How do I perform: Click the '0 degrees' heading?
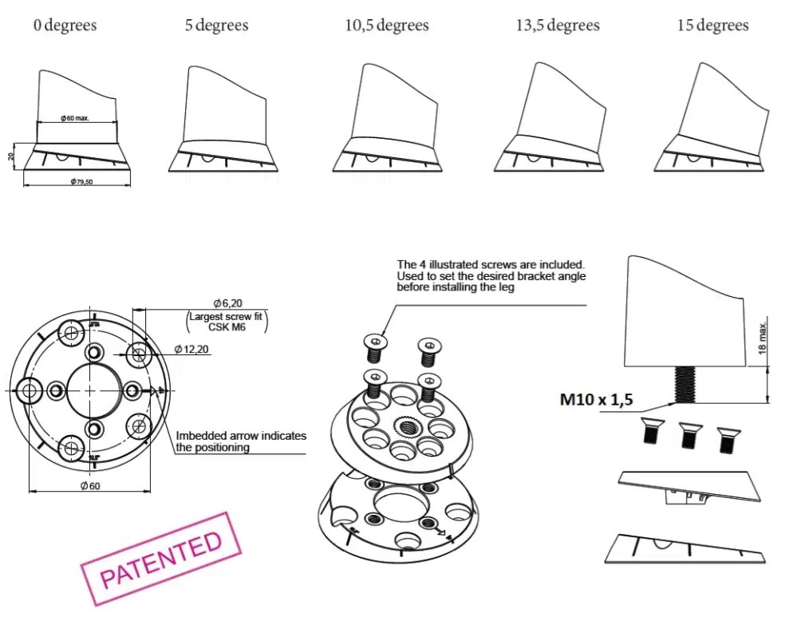pos(65,26)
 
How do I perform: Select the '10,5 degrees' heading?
pos(387,26)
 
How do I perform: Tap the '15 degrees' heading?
pos(712,26)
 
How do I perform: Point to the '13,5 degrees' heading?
pos(558,26)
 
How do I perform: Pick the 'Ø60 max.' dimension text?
pos(75,118)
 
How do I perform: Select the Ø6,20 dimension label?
pos(227,303)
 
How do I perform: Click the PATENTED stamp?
pos(162,558)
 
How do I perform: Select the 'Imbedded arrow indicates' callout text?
pos(241,436)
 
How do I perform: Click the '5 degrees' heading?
pos(216,26)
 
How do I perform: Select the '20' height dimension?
pos(11,156)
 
